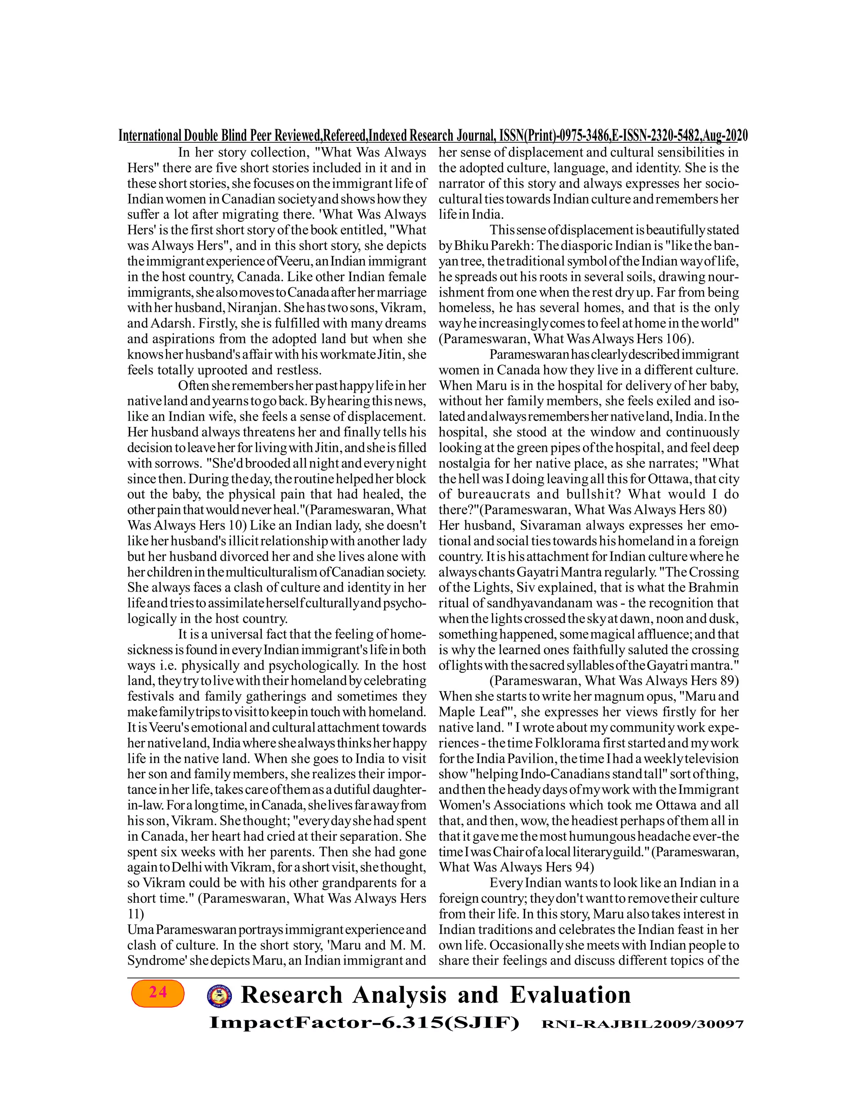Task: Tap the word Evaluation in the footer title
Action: click(x=570, y=995)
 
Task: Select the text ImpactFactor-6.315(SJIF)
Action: click(x=364, y=1024)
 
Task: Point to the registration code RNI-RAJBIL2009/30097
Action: click(x=642, y=1025)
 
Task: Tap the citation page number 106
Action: click(x=678, y=339)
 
